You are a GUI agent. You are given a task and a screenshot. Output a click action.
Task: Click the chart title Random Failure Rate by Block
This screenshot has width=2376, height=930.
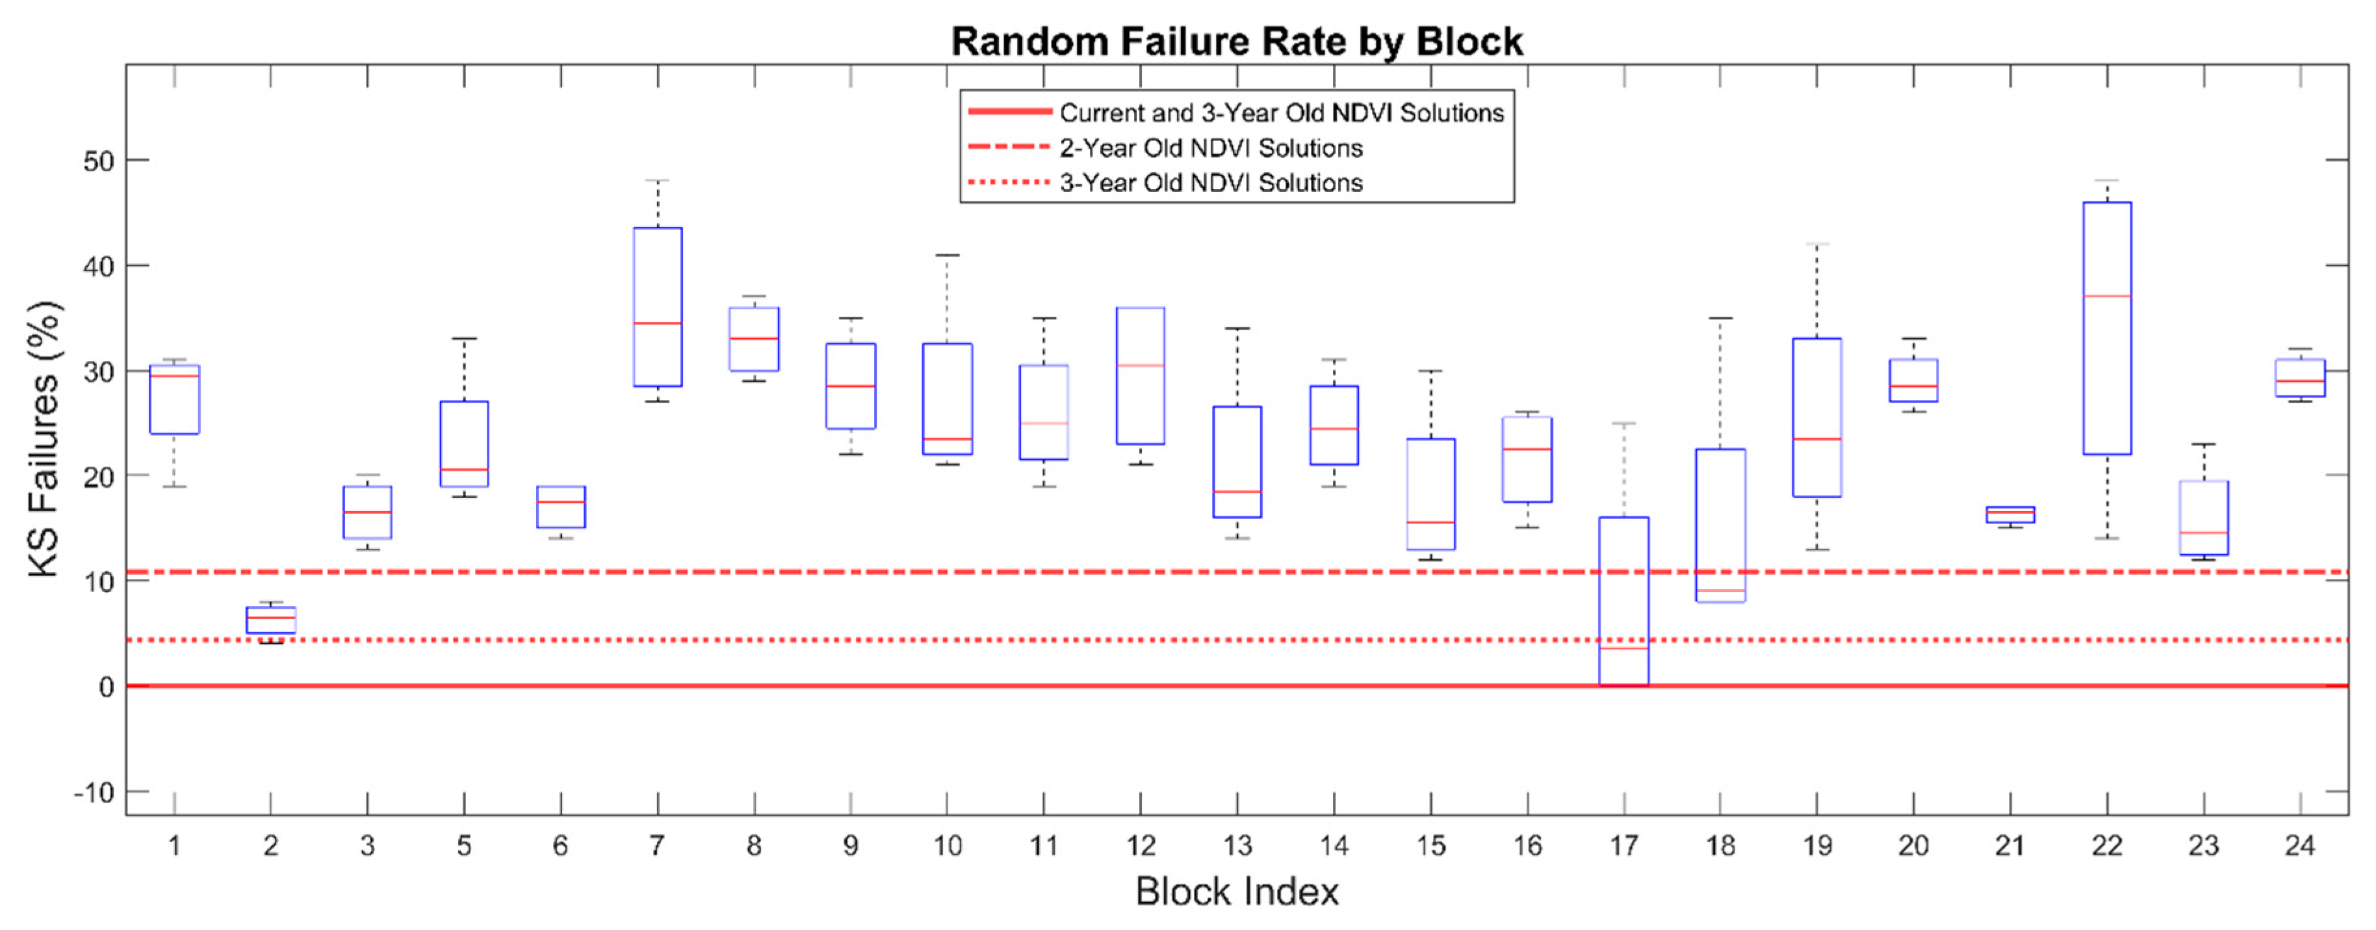[1236, 42]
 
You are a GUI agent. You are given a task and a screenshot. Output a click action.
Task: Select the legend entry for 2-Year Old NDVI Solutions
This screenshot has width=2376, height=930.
[1210, 148]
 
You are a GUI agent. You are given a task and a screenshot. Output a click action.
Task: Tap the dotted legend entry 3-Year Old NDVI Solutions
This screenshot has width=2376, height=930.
[1210, 183]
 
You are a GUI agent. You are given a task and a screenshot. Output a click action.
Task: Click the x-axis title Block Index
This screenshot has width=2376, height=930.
[1236, 891]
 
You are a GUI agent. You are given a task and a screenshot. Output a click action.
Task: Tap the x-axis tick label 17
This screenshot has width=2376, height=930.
[1623, 845]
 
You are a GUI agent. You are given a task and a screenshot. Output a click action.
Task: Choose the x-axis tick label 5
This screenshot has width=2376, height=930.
[464, 845]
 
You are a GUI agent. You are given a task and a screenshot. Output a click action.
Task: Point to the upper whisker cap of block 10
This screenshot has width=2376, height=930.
[948, 256]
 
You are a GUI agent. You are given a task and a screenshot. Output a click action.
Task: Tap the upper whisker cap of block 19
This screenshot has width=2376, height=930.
[1817, 245]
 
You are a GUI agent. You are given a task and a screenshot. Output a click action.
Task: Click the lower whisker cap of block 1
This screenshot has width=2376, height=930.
[174, 486]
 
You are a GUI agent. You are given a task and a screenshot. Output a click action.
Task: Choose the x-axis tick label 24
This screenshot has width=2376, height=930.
[2299, 845]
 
